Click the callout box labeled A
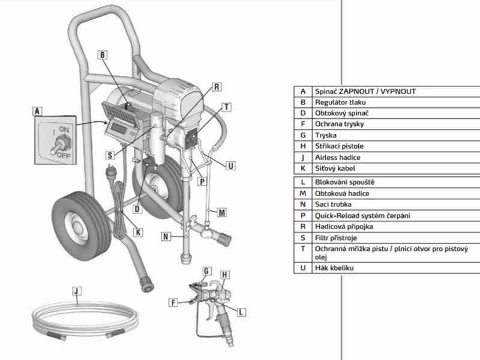coord(38,111)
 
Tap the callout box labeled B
coord(103,55)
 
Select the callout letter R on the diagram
coord(216,87)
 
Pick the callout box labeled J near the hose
coord(76,292)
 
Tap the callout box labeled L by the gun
coord(241,311)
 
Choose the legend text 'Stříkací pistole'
coord(339,146)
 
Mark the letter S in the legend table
coord(303,237)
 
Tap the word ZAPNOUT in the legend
coord(359,91)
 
